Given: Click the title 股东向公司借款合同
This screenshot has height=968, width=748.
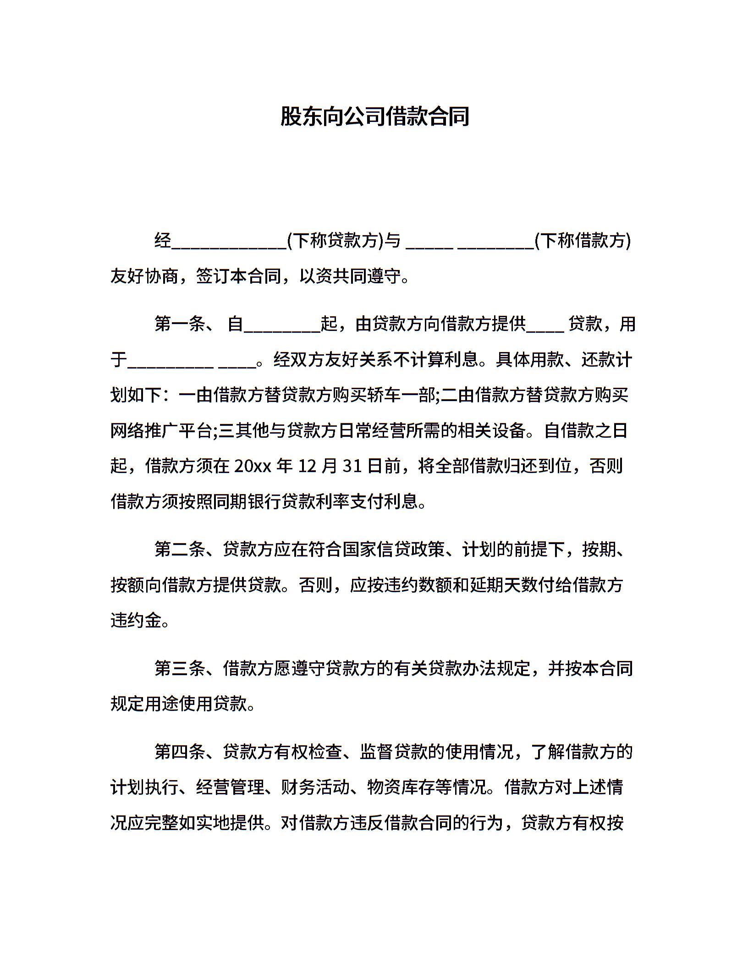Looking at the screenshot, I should [x=374, y=117].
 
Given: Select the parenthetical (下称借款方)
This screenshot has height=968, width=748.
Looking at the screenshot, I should [x=583, y=241].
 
